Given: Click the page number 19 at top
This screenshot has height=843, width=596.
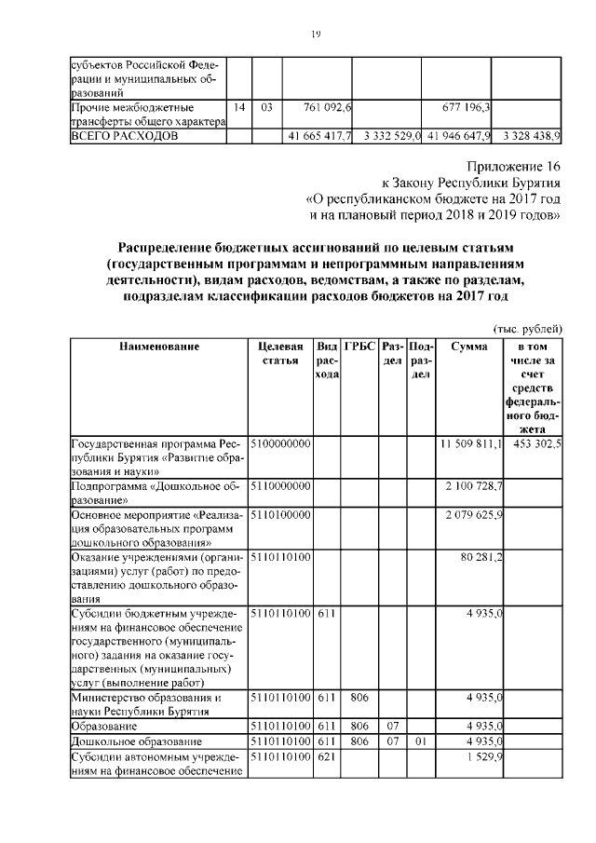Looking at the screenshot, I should click(x=316, y=34).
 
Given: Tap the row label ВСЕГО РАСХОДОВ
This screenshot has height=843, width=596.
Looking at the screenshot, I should click(x=125, y=136).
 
